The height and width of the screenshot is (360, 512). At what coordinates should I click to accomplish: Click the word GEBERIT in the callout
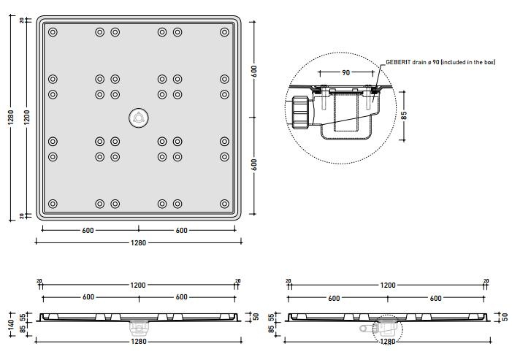tap(400, 62)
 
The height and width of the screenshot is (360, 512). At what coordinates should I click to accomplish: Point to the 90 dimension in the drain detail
tap(345, 72)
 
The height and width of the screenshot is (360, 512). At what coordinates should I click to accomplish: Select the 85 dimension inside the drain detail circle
tap(404, 114)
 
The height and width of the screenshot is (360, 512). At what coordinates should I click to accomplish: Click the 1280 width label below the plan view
tap(138, 243)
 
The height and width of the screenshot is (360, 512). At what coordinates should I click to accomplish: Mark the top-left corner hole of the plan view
tap(53, 32)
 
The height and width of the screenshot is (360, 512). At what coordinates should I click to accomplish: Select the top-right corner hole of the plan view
tap(224, 32)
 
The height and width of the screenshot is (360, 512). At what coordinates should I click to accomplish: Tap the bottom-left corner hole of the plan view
tap(53, 204)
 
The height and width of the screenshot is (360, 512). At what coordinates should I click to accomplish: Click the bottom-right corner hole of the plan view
tap(224, 204)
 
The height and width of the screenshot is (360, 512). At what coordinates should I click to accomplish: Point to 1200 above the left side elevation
tap(138, 285)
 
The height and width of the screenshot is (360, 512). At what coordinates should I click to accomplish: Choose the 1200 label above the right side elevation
tap(387, 285)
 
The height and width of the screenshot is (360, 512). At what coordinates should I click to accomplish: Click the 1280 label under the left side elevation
tap(138, 341)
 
